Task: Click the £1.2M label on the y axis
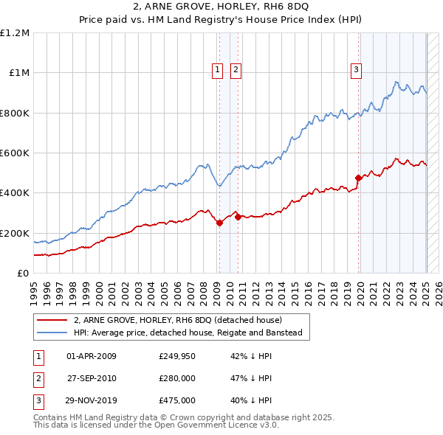(x=15, y=33)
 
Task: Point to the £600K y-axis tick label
(x=15, y=153)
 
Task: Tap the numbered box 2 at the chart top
(x=236, y=70)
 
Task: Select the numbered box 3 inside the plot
(x=356, y=70)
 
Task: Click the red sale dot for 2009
(x=219, y=223)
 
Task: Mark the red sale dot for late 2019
(x=358, y=178)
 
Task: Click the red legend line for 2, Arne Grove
(x=52, y=321)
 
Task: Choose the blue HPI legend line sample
(x=52, y=333)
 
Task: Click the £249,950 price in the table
(x=177, y=356)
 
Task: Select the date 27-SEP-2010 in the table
(x=92, y=378)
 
